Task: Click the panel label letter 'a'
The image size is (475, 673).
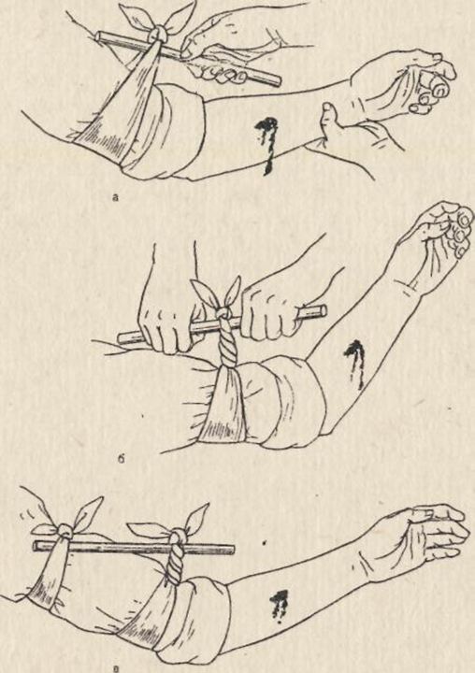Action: [114, 198]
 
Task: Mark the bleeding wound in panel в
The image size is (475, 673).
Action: [280, 606]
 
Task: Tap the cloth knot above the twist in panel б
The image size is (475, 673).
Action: [223, 313]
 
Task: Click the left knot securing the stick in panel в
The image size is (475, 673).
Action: [66, 532]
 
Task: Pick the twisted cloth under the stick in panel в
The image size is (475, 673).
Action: [175, 563]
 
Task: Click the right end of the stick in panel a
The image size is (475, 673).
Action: [278, 80]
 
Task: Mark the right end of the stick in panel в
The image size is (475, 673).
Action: [232, 550]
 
